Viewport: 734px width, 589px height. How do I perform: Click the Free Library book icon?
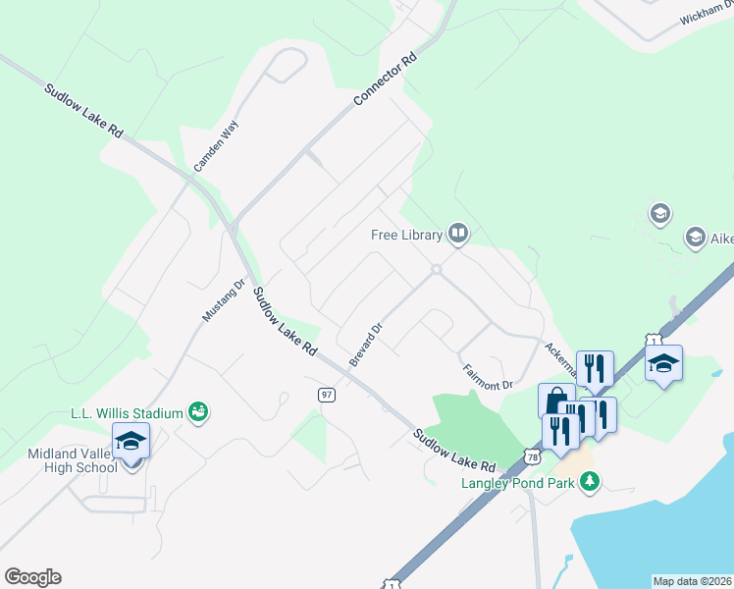point(457,234)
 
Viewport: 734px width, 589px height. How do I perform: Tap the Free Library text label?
point(407,235)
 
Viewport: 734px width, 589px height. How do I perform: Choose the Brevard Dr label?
point(365,338)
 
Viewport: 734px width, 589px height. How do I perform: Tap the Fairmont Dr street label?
point(488,377)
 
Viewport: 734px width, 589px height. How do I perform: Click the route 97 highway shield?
point(327,395)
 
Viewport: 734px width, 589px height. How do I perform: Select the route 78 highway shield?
point(532,456)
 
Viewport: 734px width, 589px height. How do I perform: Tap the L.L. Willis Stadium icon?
point(198,411)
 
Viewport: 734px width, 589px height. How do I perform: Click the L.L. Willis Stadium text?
point(128,413)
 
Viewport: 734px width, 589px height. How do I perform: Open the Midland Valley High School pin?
point(131,442)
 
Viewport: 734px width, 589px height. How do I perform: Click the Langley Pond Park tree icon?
point(590,481)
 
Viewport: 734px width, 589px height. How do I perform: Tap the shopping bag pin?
point(555,401)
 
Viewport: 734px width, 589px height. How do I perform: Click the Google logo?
point(32,577)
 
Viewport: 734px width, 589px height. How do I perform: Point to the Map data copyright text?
point(692,581)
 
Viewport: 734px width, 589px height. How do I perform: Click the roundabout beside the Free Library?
point(436,269)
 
